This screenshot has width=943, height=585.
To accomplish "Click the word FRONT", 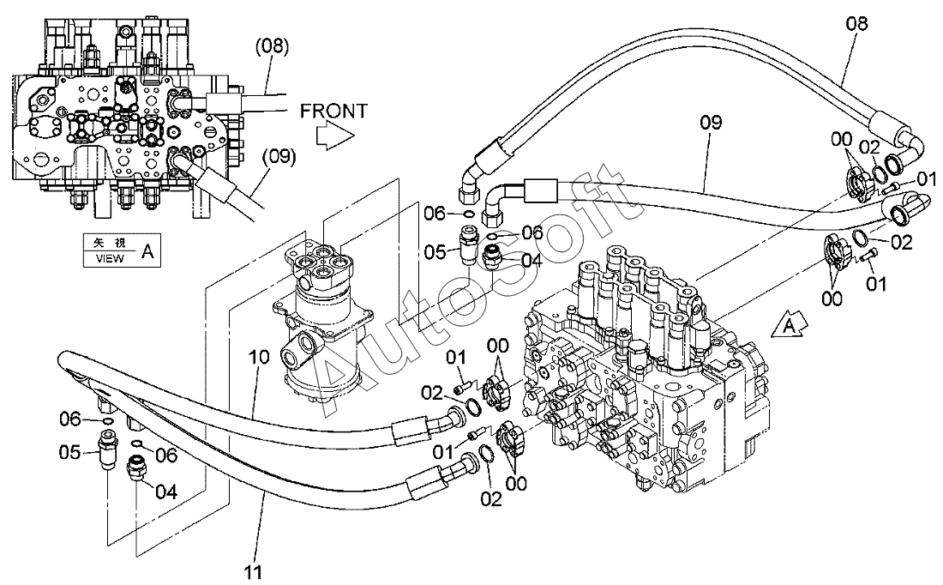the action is pos(333,111).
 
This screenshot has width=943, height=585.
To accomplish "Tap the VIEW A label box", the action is pos(123,250).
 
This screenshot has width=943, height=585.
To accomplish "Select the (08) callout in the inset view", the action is pos(273,46).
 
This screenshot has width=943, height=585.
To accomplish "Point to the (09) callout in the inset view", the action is pos(279,157).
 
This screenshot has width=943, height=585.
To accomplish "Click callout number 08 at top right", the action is pos(857,23).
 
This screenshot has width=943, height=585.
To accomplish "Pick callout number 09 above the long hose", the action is pos(711,123).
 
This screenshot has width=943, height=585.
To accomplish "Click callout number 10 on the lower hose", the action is pos(259,357).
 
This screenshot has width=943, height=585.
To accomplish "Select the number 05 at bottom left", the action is pos(69,451).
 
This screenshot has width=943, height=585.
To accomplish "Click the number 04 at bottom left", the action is pos(166,492).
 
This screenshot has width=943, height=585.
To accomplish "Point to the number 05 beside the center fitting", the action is pos(435,251).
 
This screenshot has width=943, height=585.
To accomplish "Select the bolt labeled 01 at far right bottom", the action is pos(866,256).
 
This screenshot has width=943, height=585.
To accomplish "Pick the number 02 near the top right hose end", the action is pos(869,147).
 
